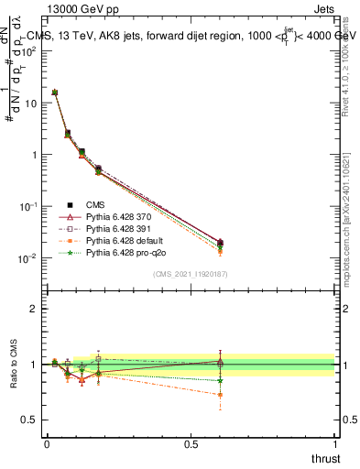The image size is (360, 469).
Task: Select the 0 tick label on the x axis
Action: coord(47,444)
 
